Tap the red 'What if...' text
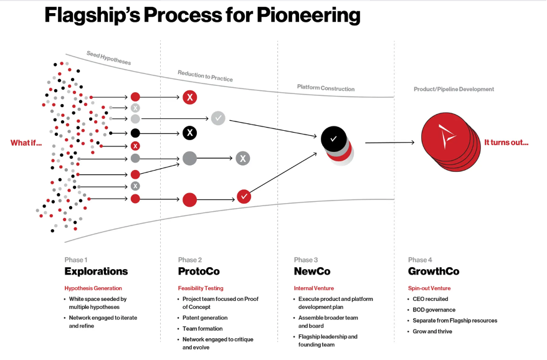26,143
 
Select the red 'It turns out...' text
506,142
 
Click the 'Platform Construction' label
325,88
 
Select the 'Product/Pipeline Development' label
454,89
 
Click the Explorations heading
96,272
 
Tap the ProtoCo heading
199,272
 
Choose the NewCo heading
312,272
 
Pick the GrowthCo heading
434,272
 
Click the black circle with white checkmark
333,138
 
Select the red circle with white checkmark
244,196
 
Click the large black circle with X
190,133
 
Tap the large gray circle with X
243,158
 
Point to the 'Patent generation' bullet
205,318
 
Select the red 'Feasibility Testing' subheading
201,288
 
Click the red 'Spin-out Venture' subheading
429,288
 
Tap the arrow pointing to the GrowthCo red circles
389,143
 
